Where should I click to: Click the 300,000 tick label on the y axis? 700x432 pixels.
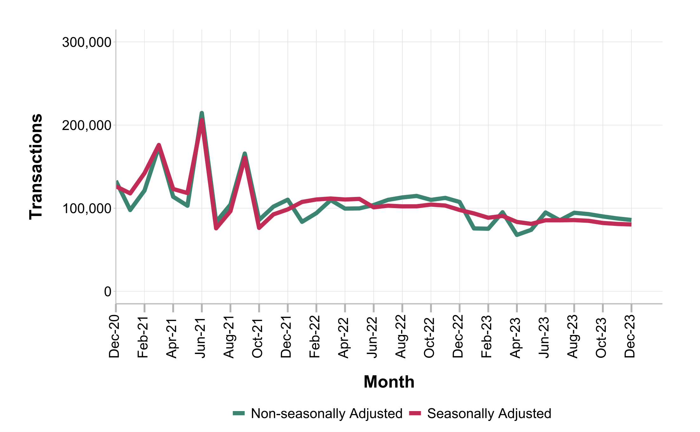coord(87,42)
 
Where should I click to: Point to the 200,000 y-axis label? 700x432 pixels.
coord(87,125)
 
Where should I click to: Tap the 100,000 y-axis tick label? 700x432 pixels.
coord(87,208)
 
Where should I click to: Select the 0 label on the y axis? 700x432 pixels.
coord(108,291)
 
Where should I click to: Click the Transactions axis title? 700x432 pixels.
coord(36,167)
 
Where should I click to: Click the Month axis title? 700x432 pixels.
coord(389,382)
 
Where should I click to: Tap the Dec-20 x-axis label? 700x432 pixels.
coord(114,337)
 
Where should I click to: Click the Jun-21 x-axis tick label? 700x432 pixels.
coord(200,337)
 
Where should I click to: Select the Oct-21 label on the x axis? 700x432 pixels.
coord(257,337)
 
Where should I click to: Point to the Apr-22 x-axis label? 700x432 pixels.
coord(344,337)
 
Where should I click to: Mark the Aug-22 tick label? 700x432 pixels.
coord(401,337)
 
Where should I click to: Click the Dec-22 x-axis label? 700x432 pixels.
coord(458,337)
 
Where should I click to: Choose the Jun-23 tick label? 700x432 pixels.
coord(544,337)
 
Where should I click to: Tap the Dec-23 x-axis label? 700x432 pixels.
coord(630,337)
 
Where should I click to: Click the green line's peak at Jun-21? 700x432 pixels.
coord(202,113)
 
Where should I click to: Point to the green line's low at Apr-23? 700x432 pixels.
coord(517,235)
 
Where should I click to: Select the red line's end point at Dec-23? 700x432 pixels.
coord(631,225)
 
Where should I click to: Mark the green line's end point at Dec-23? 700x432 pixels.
coord(631,220)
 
